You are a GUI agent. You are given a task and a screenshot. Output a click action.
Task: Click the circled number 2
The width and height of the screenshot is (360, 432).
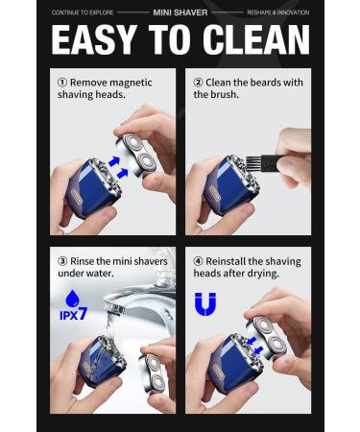[199, 83]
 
